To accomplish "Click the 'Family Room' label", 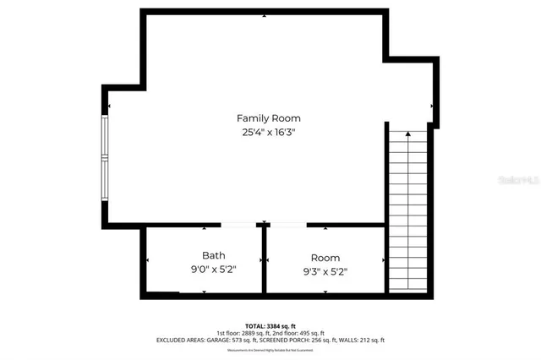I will (268, 118).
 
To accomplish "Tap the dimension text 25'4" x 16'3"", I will (268, 133).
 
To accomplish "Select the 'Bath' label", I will (213, 255).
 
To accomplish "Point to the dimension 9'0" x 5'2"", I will (213, 270).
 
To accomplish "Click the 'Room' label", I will (325, 257).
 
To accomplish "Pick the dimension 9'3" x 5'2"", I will (325, 271).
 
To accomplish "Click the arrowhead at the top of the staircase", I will (408, 134).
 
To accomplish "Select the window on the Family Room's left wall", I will (106, 158).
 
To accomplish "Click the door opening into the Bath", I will (240, 225).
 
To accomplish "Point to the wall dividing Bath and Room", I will (265, 260).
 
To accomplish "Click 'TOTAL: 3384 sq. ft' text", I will (270, 325).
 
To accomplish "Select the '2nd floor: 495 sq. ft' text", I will (300, 333).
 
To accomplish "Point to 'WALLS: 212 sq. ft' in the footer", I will (364, 340).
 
